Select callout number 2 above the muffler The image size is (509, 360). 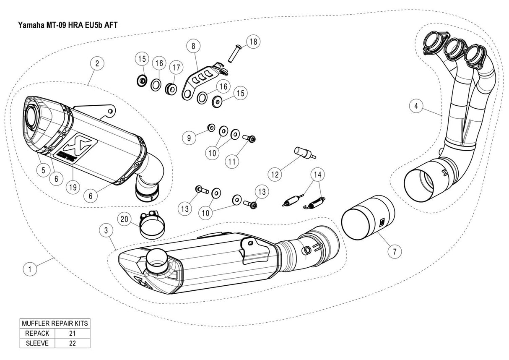point(97,64)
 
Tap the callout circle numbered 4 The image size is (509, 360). point(416,107)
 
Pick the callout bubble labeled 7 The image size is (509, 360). point(394,251)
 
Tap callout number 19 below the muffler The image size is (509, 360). point(73,188)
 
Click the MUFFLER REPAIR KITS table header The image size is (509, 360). point(55,323)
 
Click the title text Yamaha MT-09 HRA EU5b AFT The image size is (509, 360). point(67,25)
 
